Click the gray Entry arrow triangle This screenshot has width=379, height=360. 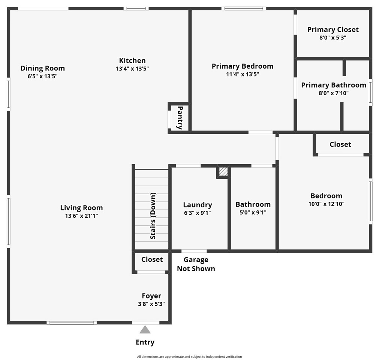(x=145, y=330)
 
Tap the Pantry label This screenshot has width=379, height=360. (x=180, y=118)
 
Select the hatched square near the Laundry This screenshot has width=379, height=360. (x=223, y=172)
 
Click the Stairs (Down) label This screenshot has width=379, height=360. (x=153, y=216)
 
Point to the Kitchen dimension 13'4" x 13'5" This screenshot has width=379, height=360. (x=132, y=69)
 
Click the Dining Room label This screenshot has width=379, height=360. (x=42, y=68)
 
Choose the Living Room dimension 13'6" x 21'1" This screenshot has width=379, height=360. (x=81, y=216)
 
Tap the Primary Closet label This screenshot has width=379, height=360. (x=333, y=30)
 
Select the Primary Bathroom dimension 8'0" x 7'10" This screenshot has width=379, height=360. (x=334, y=93)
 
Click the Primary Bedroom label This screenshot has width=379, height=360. (x=243, y=66)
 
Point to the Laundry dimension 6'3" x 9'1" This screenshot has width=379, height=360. (x=198, y=213)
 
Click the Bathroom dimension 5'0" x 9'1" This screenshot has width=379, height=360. (x=253, y=213)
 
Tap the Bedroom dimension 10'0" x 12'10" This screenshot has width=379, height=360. (x=326, y=204)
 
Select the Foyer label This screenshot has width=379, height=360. (x=151, y=296)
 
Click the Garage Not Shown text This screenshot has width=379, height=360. (x=196, y=264)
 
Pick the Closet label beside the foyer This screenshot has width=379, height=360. (x=152, y=259)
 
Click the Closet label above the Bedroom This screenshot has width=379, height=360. (x=340, y=144)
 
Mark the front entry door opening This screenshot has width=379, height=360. (x=145, y=323)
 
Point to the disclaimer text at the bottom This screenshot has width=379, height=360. (x=190, y=357)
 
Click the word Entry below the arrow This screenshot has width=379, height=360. (x=145, y=342)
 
